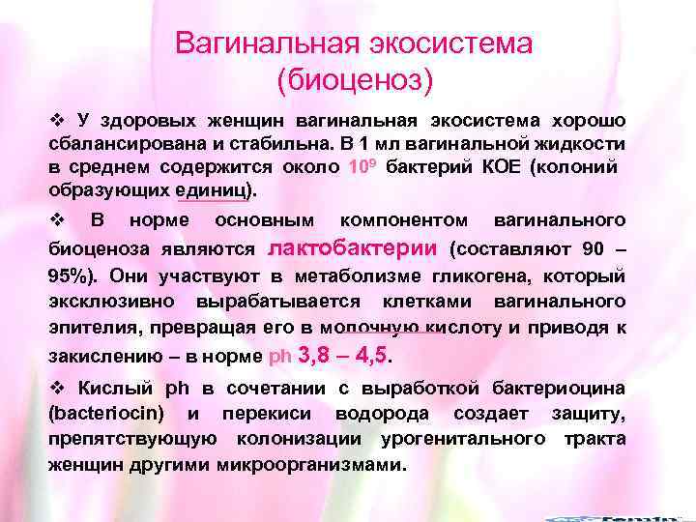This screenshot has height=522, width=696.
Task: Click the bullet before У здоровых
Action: tap(56, 120)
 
